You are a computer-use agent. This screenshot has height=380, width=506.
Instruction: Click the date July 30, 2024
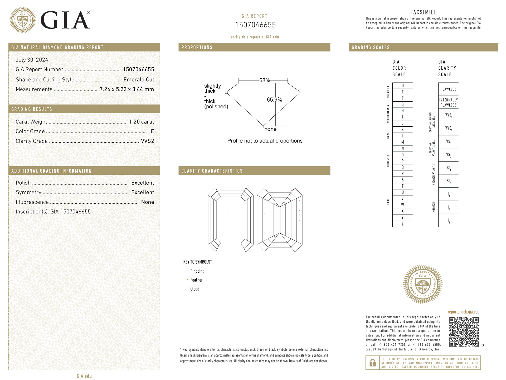click(x=32, y=60)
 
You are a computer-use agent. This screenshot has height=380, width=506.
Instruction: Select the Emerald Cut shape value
click(x=139, y=79)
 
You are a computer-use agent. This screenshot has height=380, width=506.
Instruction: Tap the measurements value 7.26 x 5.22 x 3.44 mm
click(x=127, y=89)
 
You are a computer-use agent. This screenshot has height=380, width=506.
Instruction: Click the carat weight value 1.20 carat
click(x=142, y=122)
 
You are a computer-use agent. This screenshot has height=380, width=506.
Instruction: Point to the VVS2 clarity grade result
click(x=147, y=141)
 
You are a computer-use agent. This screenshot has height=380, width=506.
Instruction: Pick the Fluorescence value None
click(x=148, y=202)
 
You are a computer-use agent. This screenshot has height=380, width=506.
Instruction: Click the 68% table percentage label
click(x=265, y=80)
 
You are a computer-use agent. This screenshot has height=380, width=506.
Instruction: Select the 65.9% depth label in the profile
click(x=274, y=99)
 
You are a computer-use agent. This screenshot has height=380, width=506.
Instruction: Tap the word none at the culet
click(x=270, y=129)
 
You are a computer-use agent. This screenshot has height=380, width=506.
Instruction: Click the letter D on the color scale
click(x=402, y=85)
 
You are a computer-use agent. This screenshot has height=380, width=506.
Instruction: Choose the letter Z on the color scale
click(x=402, y=224)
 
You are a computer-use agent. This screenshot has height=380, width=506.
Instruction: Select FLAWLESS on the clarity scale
click(x=448, y=89)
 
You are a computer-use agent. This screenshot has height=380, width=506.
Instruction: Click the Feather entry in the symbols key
click(x=196, y=280)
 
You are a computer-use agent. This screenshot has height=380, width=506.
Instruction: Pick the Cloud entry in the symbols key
click(x=195, y=289)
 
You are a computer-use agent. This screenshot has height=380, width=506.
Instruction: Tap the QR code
click(x=464, y=332)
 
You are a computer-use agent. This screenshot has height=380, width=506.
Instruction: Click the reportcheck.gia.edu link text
click(x=464, y=312)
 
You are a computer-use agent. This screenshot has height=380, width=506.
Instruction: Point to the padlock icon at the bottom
click(x=373, y=363)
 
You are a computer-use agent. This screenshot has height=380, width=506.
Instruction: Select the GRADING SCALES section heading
click(x=371, y=47)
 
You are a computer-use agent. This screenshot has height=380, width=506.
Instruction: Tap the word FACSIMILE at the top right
click(x=424, y=12)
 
